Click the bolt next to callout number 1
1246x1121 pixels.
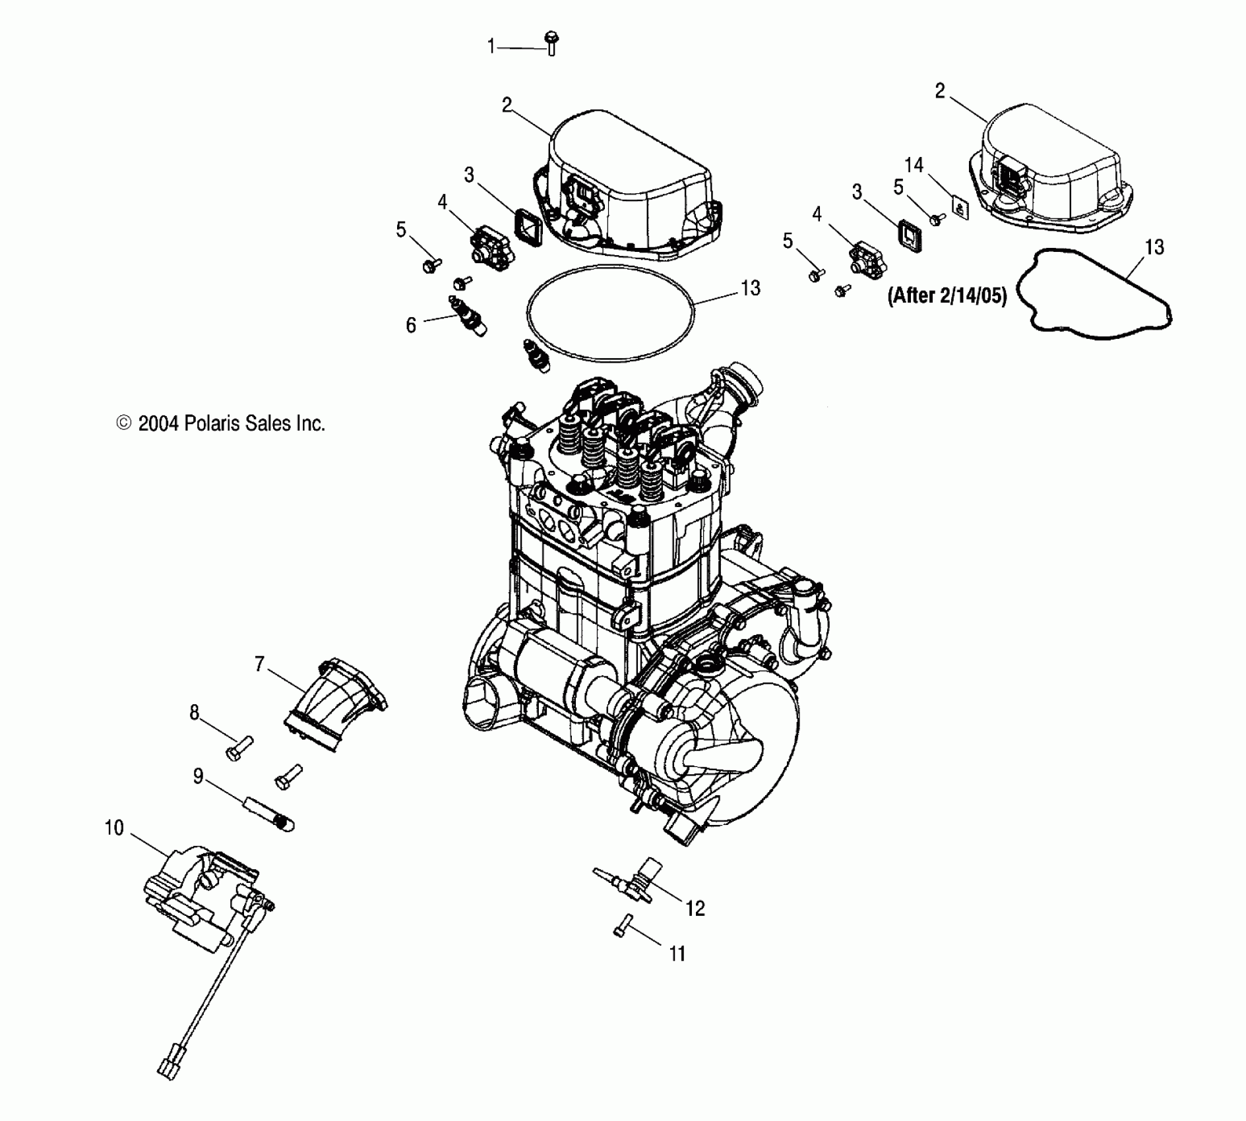click(551, 44)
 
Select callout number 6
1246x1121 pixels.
click(411, 325)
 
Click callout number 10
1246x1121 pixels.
click(114, 828)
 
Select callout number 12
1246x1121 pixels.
click(695, 909)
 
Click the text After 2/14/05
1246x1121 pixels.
click(947, 296)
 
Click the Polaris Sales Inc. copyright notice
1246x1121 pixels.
click(221, 423)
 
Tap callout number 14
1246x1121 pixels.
click(914, 165)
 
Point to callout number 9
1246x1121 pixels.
click(199, 776)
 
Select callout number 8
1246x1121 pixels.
click(195, 712)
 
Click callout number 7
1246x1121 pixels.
click(259, 663)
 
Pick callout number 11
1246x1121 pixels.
click(677, 954)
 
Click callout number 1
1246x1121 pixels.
click(491, 47)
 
